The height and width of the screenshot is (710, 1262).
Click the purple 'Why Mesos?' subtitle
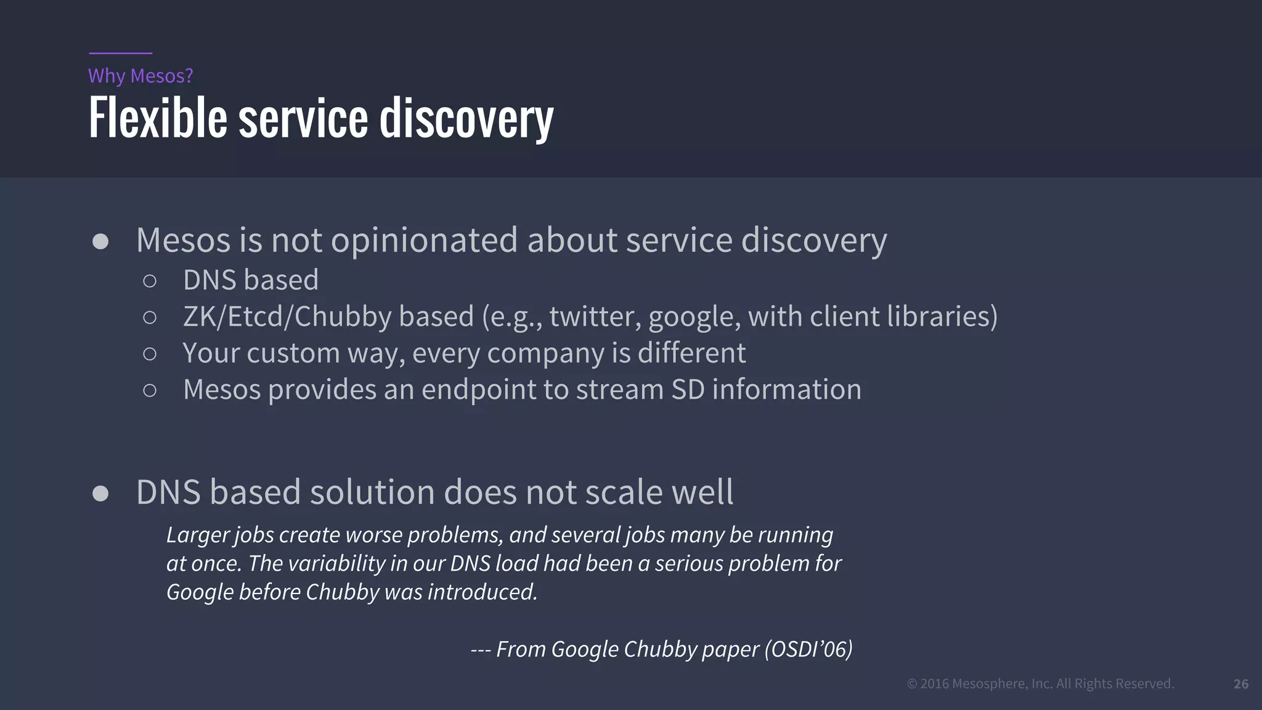[x=140, y=76]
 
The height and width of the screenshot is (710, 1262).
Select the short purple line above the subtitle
[x=120, y=54]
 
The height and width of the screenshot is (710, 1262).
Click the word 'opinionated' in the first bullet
[x=425, y=240]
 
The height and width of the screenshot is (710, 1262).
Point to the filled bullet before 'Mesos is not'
[x=100, y=241]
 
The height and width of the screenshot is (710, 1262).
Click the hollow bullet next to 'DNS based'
[x=150, y=281]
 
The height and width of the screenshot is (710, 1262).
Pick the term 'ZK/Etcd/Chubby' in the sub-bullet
[x=287, y=317]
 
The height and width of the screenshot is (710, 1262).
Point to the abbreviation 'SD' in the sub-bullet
[x=688, y=390]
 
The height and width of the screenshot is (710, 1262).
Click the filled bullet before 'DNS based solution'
[x=100, y=494]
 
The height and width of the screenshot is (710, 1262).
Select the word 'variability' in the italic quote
[x=336, y=563]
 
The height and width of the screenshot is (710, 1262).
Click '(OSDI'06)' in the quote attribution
[x=808, y=649]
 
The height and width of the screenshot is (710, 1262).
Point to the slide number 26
[x=1241, y=683]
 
